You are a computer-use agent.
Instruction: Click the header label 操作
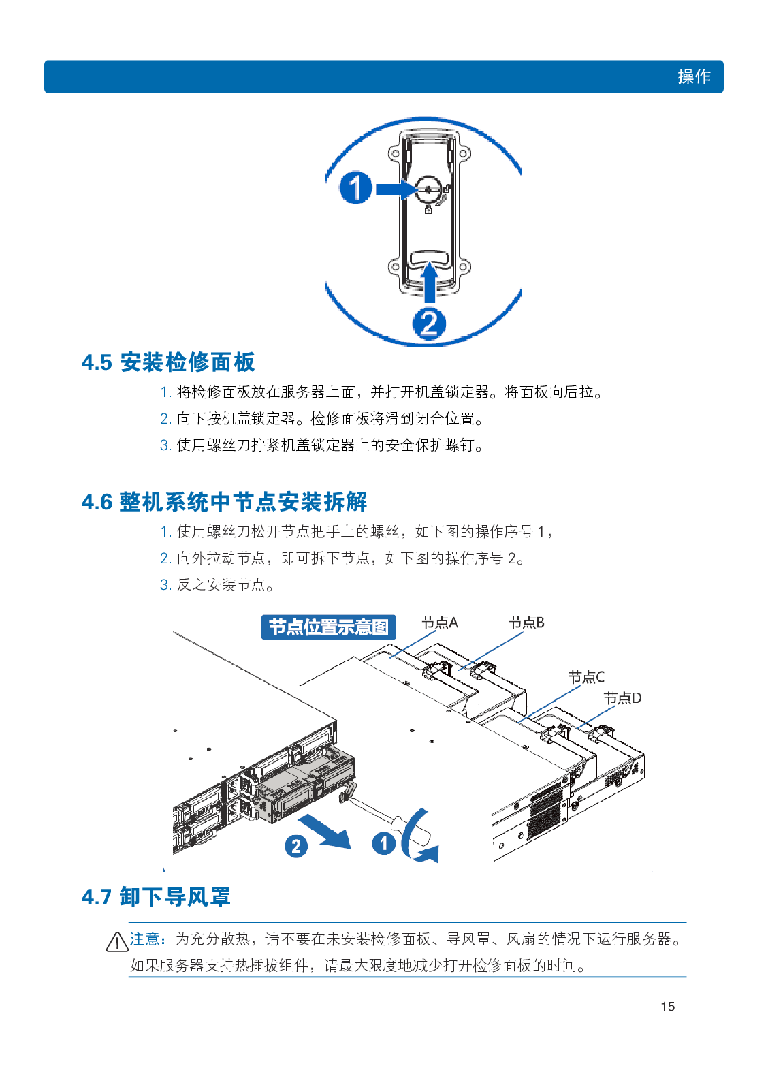[693, 76]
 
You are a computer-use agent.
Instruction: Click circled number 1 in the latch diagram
[355, 187]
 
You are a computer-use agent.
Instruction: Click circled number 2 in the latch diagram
[429, 323]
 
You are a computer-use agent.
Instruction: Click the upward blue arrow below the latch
[430, 283]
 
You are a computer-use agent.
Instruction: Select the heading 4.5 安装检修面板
[168, 362]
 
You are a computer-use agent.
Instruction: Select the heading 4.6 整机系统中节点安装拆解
[224, 502]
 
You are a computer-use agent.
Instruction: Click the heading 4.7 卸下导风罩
[156, 896]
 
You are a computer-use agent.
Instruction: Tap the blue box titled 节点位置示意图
[328, 627]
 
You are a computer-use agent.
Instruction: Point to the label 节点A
[439, 623]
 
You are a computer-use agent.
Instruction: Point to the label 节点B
[526, 623]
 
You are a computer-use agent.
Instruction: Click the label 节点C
[586, 677]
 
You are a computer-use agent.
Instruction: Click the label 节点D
[622, 698]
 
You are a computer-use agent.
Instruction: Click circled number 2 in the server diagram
[295, 847]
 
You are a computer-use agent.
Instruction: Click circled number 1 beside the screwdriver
[383, 843]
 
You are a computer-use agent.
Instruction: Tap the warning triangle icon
[117, 942]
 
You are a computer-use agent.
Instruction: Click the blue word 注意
[146, 939]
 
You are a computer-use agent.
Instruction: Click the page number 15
[667, 1006]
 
